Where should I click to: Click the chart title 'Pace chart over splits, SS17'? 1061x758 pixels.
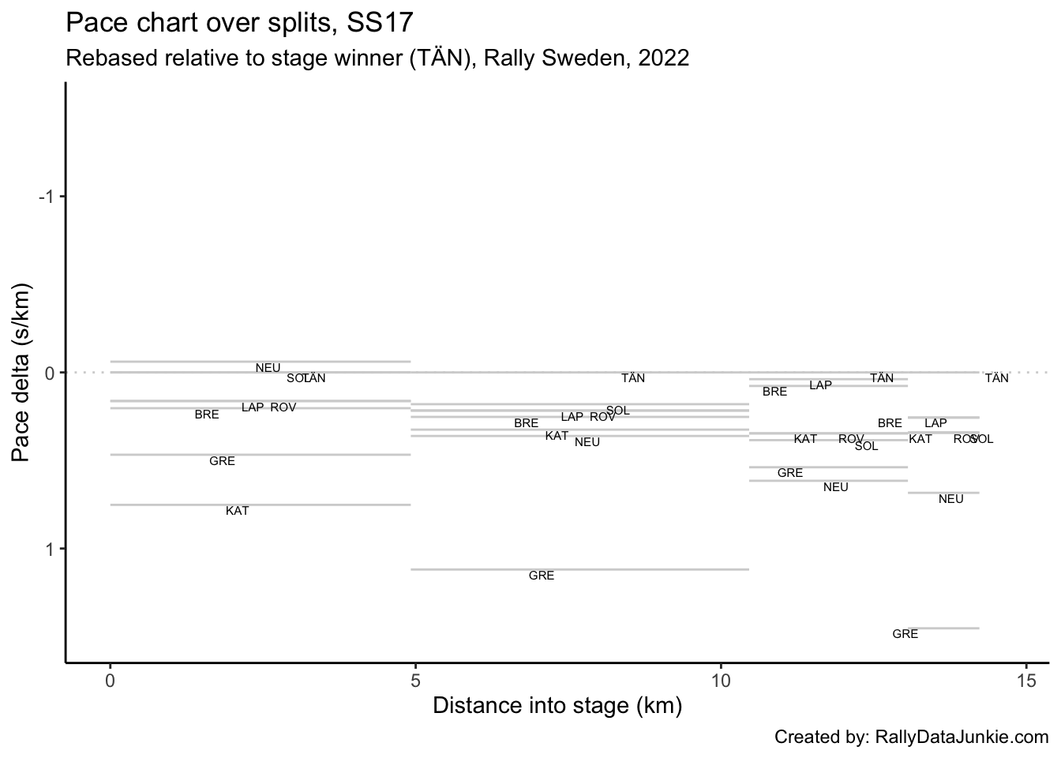coord(239,23)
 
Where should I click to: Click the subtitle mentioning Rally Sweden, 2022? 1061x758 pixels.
coord(377,58)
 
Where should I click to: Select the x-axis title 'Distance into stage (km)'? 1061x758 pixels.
coord(557,705)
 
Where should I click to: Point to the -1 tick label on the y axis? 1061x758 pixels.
coord(47,197)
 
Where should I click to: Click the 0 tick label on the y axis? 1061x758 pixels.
coord(50,373)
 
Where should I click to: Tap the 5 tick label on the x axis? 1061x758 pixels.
coord(415,680)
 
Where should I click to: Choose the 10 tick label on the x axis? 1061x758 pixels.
coord(721,680)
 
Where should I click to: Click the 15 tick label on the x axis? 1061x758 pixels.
coord(1026,680)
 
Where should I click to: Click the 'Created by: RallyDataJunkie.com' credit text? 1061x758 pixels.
coord(911,737)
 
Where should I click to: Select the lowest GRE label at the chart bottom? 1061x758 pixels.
coord(905,634)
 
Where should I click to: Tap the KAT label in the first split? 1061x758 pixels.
coord(237,511)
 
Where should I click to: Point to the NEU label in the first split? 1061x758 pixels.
coord(268,368)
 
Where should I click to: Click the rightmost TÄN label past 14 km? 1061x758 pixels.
coord(996,378)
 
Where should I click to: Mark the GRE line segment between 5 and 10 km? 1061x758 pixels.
coord(579,569)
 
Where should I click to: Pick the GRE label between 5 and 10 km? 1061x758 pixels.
coord(542,576)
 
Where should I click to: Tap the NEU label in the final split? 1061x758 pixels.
coord(950,499)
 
